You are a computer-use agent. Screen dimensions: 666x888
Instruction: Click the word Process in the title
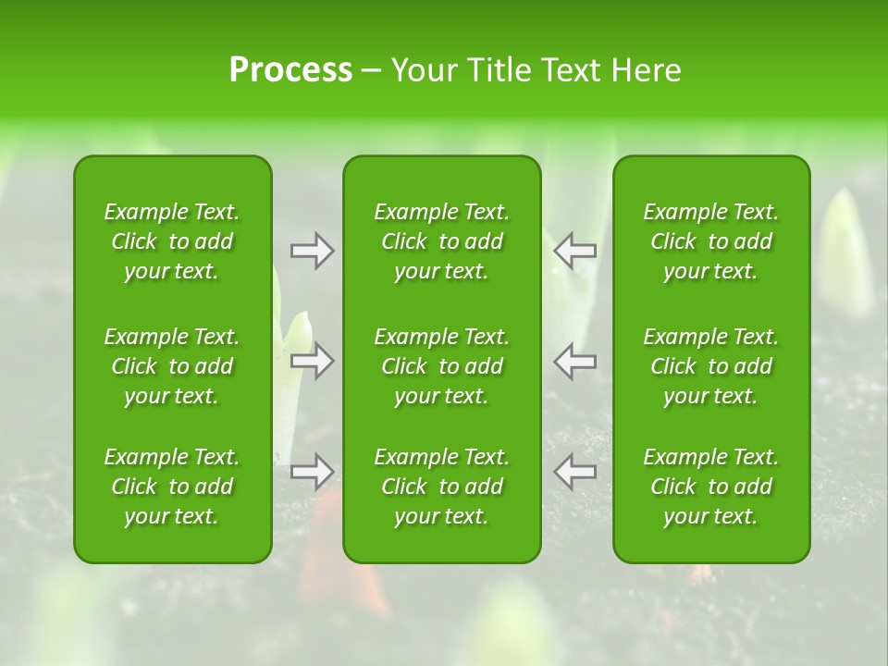(x=290, y=70)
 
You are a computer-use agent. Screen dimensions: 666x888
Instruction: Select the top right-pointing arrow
(x=313, y=251)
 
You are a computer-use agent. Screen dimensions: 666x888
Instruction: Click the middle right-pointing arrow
(x=313, y=361)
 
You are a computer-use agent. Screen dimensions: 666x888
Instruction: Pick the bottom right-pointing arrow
(x=313, y=472)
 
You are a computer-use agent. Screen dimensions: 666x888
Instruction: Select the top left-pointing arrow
(x=574, y=251)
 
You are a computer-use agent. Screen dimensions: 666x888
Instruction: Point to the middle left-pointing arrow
(x=574, y=361)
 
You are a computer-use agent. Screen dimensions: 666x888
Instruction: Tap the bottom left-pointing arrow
(x=574, y=472)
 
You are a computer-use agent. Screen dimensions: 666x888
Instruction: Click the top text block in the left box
(x=172, y=241)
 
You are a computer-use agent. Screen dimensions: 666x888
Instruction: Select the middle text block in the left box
(x=172, y=366)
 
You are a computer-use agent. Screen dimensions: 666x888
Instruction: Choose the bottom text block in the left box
(x=172, y=487)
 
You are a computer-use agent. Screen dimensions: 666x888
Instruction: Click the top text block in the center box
(x=442, y=241)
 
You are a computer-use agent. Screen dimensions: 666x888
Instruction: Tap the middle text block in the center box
(x=442, y=366)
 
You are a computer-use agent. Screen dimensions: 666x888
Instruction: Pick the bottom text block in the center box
(x=442, y=487)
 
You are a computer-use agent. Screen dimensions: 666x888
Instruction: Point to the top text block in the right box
(x=711, y=241)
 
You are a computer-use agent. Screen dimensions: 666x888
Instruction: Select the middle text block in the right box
(x=711, y=366)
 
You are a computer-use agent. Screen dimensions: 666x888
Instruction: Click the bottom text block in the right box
(x=711, y=487)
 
